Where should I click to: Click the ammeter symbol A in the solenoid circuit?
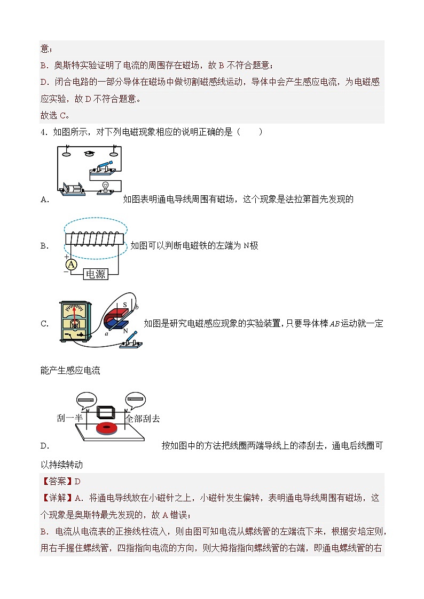point(71,265)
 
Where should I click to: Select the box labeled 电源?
point(96,274)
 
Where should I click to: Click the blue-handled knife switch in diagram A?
point(103,167)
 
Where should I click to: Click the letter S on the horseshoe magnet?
point(124,305)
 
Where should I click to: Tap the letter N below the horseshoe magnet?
point(125,331)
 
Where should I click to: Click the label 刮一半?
point(69,418)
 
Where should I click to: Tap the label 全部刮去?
point(143,419)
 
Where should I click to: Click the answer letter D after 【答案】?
point(77,481)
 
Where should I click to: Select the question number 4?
point(44,132)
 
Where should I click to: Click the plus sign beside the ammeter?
point(67,257)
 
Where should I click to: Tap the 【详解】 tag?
point(57,498)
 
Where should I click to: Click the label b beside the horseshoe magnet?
point(137,307)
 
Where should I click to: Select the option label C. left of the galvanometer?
point(45,324)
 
